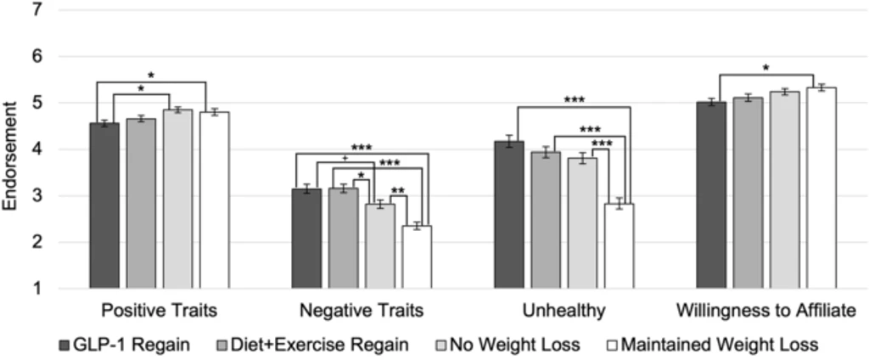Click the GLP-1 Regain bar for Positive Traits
point(104,205)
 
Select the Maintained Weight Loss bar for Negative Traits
point(417,256)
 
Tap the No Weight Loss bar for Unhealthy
point(582,223)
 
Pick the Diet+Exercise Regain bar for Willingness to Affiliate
point(748,193)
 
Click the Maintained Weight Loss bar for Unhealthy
point(619,245)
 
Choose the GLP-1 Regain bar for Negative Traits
point(306,239)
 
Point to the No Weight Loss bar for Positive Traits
point(178,200)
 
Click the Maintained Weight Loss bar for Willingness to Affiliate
point(821,188)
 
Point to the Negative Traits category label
point(362,312)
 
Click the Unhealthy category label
point(564,312)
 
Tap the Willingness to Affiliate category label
point(766,312)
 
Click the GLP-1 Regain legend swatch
point(64,346)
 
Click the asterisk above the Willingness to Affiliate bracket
point(765,69)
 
